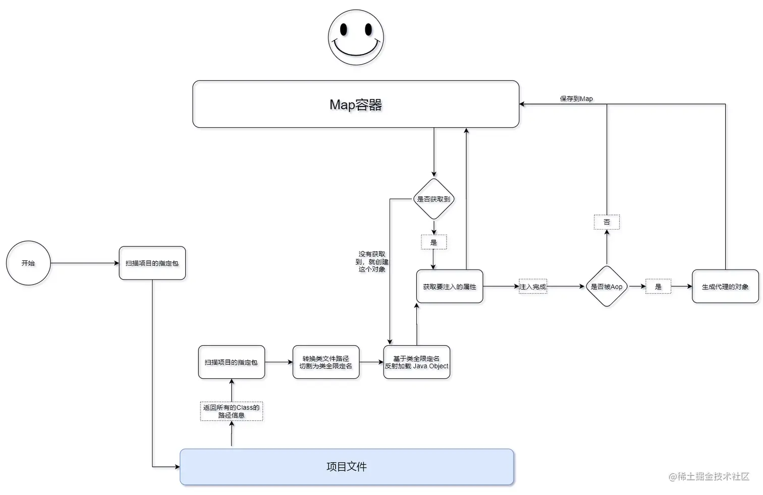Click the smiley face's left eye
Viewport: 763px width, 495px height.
(344, 30)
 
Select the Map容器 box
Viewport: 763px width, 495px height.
(356, 104)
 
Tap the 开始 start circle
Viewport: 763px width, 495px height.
(28, 263)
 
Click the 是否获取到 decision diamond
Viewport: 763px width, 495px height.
(433, 199)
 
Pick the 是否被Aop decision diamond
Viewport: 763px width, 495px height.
(607, 286)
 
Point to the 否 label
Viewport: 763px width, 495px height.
(607, 222)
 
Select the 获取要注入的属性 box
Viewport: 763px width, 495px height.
(449, 286)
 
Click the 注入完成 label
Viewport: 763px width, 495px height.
(532, 287)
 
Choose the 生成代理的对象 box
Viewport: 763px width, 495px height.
(725, 286)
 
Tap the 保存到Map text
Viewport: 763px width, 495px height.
(576, 98)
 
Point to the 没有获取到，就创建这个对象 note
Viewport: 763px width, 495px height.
(372, 261)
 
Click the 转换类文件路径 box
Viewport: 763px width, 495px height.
(325, 362)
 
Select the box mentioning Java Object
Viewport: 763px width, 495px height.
(416, 362)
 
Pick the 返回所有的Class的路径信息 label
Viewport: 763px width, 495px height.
(231, 411)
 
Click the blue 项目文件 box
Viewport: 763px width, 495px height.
(347, 467)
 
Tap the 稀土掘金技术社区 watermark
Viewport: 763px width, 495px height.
(709, 476)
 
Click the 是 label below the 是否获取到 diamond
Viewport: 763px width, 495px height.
(433, 242)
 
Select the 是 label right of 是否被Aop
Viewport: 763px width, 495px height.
(658, 287)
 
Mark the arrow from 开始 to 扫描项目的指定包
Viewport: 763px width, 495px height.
(85, 263)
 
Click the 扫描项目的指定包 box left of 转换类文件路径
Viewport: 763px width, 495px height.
(231, 362)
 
